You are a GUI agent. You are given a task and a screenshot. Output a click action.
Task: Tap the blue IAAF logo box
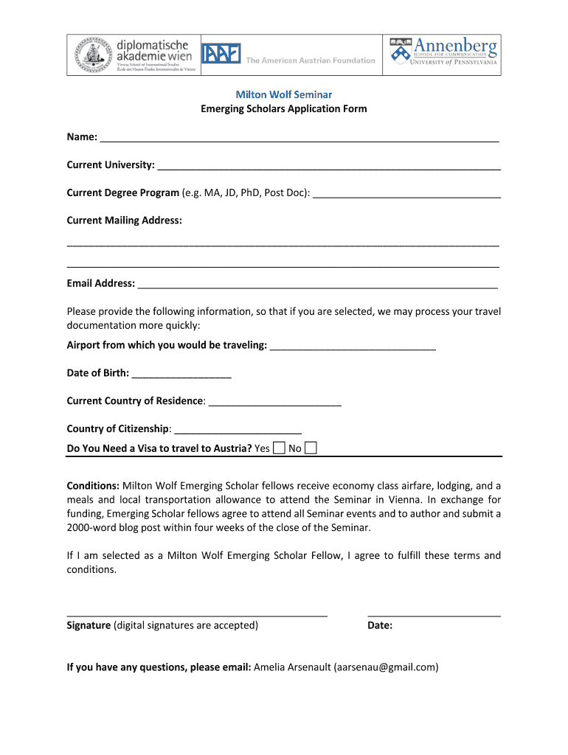[221, 55]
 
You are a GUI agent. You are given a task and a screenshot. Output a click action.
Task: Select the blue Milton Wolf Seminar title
[283, 94]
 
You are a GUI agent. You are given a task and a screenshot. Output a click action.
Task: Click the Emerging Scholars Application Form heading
[283, 109]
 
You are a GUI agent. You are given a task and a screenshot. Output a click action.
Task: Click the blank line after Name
[299, 139]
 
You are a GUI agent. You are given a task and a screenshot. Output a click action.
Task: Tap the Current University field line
[329, 167]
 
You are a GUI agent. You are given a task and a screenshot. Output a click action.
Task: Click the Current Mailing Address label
[124, 220]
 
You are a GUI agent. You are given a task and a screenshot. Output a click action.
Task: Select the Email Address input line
[317, 285]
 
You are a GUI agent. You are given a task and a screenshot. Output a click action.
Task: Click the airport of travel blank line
[353, 347]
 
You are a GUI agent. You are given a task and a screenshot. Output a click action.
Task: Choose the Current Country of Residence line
[274, 403]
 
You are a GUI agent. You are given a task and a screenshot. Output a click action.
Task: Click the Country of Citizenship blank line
[238, 431]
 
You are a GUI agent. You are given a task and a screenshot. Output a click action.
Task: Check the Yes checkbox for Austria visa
[280, 448]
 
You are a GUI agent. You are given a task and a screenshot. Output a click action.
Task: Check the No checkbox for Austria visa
[311, 448]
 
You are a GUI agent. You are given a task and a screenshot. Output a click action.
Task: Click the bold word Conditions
[93, 486]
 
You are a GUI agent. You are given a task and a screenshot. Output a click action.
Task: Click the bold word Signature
[89, 626]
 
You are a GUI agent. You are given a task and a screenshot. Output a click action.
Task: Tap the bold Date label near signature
[380, 626]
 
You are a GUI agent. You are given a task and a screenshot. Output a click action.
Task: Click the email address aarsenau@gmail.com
[386, 667]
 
